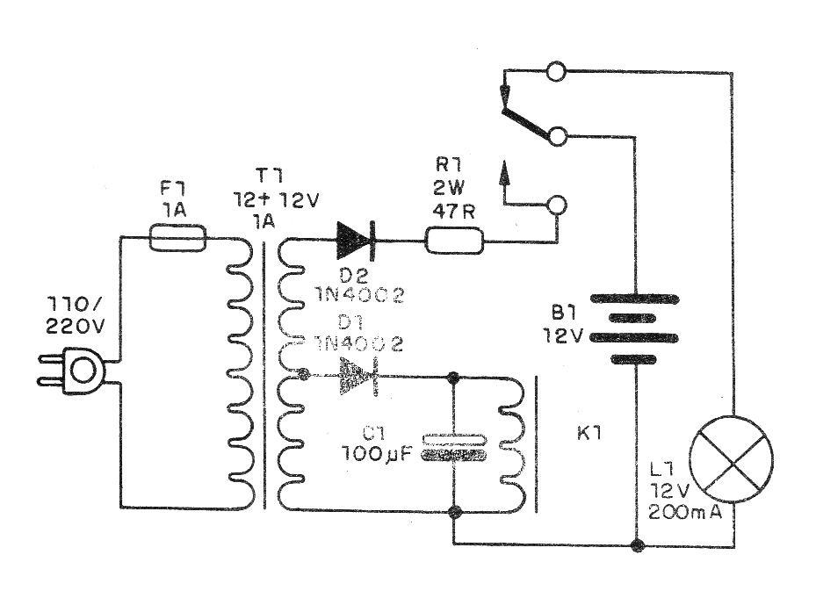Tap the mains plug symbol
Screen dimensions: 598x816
[x=80, y=371]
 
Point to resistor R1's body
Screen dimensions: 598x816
[x=454, y=239]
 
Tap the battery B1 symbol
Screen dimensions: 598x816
[x=634, y=328]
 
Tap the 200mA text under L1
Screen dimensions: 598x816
[x=685, y=513]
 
